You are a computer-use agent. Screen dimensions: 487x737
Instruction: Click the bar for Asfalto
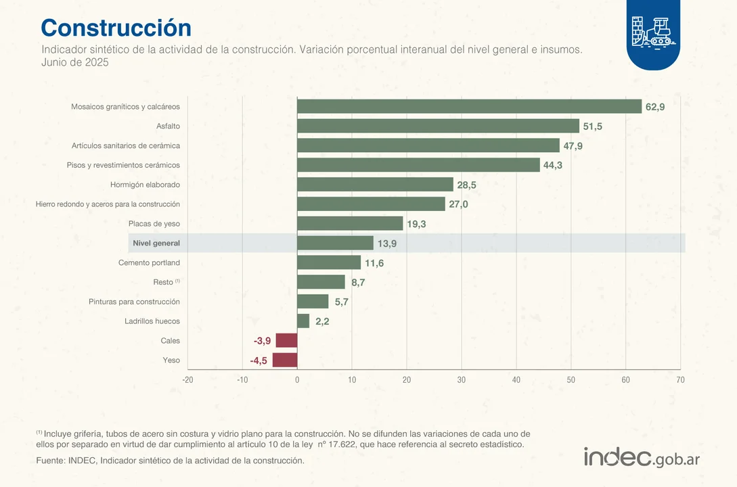click(x=438, y=126)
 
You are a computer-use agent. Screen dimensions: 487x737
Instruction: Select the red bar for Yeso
click(x=285, y=361)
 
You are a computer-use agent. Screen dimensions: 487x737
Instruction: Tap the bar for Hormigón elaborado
click(x=375, y=185)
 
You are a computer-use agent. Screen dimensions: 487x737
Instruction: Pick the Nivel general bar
click(x=335, y=243)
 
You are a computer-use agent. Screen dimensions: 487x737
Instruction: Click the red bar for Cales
click(x=286, y=341)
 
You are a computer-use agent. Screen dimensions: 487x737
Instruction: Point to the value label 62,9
click(x=655, y=107)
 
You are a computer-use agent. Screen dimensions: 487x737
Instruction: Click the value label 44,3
click(x=553, y=165)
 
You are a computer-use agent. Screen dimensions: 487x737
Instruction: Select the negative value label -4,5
click(x=259, y=361)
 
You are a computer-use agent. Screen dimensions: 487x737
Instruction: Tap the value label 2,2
click(x=322, y=322)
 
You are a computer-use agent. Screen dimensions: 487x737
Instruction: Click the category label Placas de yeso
click(x=154, y=224)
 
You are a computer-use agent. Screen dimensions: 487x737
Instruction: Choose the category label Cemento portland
click(x=149, y=262)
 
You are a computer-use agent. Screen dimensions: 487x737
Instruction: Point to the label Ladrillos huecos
click(x=152, y=321)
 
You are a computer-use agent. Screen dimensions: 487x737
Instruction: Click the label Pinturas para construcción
click(x=134, y=302)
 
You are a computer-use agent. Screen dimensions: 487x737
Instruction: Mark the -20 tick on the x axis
click(x=187, y=380)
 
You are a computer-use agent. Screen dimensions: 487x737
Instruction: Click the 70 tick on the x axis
click(x=680, y=380)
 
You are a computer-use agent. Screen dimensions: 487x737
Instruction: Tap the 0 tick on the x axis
click(x=297, y=380)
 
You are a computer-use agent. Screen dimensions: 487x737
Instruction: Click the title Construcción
click(x=116, y=28)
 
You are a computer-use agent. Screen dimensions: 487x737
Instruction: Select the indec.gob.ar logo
click(x=642, y=457)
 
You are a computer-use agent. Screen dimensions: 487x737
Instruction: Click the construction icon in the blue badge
click(x=653, y=32)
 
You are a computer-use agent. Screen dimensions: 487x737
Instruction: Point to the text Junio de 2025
click(x=75, y=62)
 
